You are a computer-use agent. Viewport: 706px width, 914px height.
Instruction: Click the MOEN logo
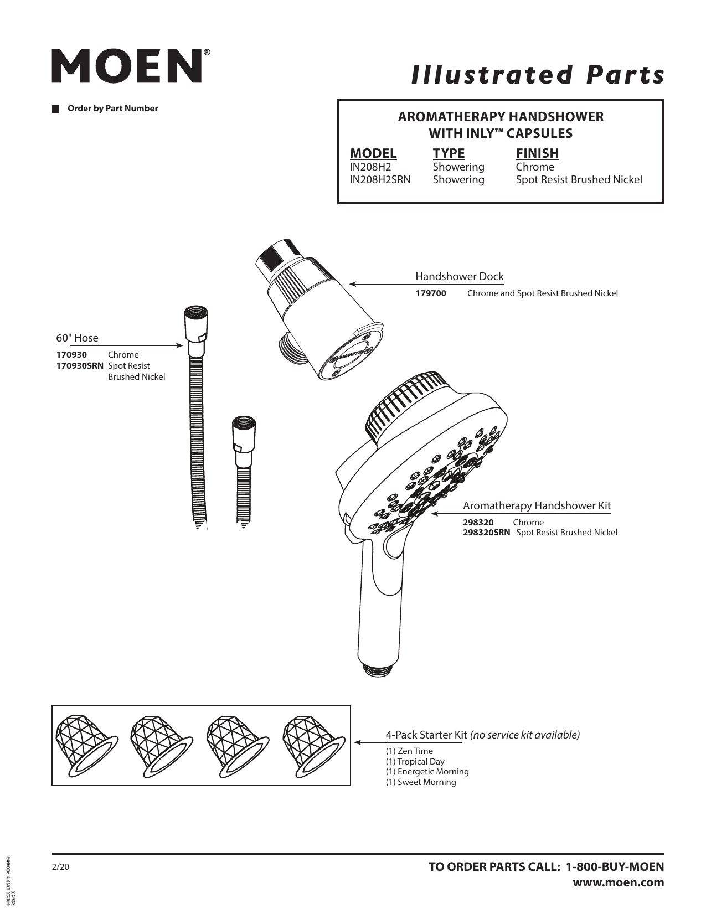tap(127, 66)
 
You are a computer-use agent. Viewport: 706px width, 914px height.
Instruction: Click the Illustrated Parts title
tap(537, 74)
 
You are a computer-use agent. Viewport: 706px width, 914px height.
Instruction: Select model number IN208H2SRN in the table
tap(380, 180)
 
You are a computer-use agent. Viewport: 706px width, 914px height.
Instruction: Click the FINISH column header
tap(537, 153)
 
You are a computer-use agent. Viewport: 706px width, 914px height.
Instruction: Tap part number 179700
tap(431, 293)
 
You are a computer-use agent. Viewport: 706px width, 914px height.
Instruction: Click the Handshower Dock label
tap(459, 276)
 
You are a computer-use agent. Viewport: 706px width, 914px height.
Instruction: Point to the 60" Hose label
tap(77, 338)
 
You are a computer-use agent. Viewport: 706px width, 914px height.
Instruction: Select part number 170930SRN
tap(80, 366)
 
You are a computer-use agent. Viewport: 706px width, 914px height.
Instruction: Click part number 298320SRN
tap(486, 533)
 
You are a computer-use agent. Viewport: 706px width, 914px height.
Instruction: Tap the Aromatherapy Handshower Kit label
tap(537, 505)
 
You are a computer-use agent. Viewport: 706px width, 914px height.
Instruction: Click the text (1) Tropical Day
tap(415, 762)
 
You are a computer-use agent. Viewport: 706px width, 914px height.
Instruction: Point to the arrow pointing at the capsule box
tap(365, 742)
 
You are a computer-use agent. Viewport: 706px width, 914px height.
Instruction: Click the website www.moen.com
tap(618, 882)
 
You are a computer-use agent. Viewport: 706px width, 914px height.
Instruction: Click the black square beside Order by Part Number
tap(55, 109)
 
